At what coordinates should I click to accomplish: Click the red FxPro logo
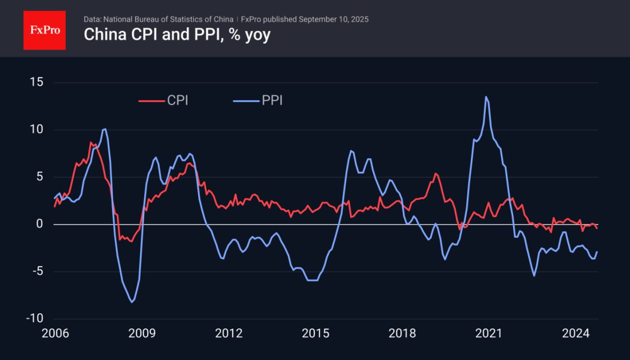[44, 30]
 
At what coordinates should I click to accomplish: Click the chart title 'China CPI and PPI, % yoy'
[177, 35]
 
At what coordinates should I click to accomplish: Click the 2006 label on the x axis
[55, 334]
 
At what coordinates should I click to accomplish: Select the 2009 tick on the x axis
[142, 334]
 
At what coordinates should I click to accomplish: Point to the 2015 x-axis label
[315, 334]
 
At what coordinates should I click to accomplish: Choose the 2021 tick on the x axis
[489, 334]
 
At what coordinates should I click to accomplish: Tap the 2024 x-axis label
[576, 334]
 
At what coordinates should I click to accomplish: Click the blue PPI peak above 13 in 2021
[486, 97]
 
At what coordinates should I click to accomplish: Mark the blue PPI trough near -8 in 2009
[132, 302]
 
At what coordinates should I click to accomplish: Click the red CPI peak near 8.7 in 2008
[91, 142]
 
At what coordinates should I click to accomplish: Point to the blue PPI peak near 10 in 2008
[104, 129]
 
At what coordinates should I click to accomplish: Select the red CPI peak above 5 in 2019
[436, 173]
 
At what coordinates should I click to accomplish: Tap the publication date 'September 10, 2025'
[333, 19]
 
